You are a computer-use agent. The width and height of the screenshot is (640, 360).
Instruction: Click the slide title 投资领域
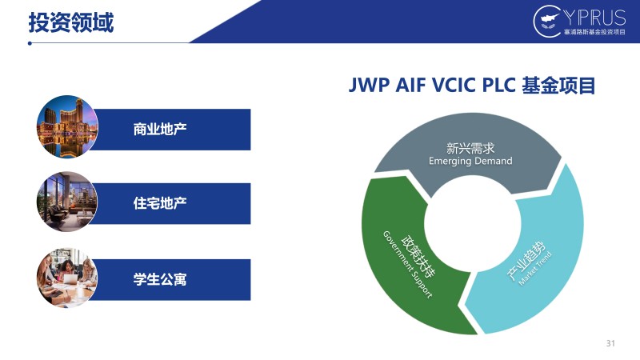(x=71, y=22)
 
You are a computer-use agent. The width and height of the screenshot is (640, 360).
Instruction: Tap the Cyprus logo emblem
(x=548, y=21)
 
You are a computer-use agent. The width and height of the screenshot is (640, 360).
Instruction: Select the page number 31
(x=610, y=343)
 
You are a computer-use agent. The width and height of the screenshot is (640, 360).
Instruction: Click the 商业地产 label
(x=160, y=129)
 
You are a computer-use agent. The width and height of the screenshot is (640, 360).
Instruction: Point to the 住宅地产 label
(x=160, y=203)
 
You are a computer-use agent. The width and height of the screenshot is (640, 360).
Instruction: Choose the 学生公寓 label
(x=160, y=279)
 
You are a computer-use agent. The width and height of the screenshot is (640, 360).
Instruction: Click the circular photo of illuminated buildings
(x=67, y=127)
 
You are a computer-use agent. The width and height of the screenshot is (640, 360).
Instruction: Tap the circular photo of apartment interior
(x=67, y=202)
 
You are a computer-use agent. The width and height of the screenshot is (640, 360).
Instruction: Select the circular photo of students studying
(x=67, y=278)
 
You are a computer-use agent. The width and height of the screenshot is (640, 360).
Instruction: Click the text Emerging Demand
(x=470, y=161)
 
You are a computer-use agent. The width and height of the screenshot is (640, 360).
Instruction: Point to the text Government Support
(x=407, y=265)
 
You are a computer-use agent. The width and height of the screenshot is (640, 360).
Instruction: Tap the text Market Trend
(x=535, y=268)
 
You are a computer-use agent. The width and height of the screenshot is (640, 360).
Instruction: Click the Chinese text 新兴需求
(x=470, y=148)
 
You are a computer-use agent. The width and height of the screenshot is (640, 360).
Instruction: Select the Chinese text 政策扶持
(x=418, y=256)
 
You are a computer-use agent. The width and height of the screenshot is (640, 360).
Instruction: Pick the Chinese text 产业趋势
(x=526, y=261)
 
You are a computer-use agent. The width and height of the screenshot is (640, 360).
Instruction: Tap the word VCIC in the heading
(x=454, y=86)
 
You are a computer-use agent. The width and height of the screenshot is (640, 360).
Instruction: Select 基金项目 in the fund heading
(x=558, y=86)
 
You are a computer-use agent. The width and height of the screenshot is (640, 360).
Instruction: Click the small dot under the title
(x=30, y=43)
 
